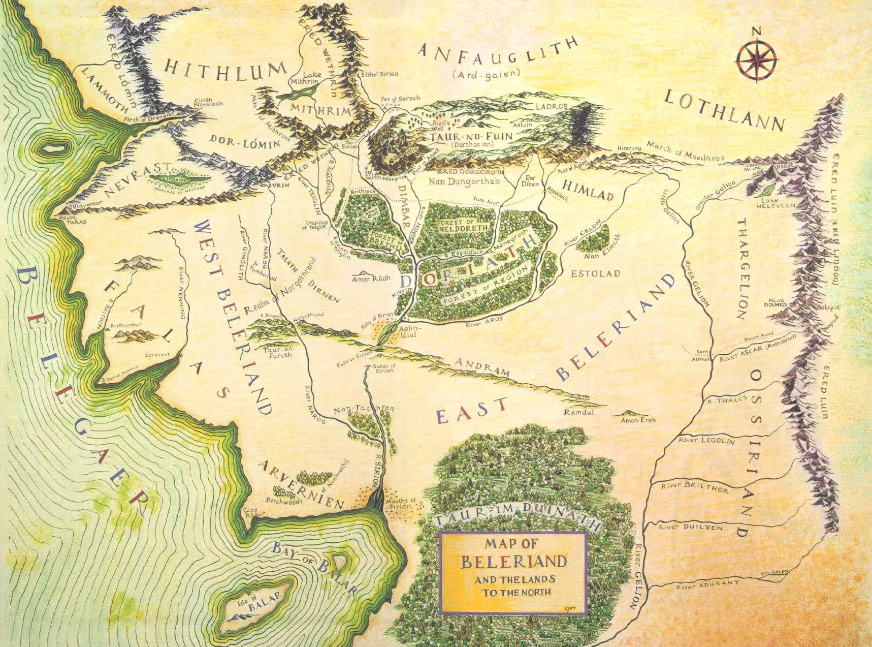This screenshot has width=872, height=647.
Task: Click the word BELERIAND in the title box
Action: click(513, 562)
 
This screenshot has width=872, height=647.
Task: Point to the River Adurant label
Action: click(706, 584)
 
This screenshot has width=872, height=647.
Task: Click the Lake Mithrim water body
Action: click(304, 90)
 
